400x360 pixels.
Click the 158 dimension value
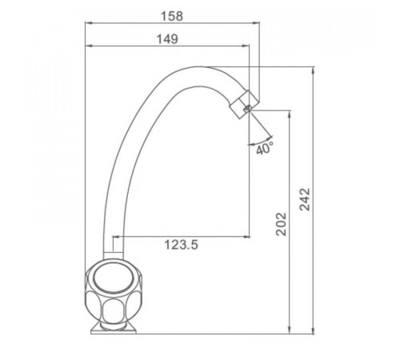click(x=172, y=16)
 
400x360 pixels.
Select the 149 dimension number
click(x=167, y=39)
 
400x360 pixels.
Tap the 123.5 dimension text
click(x=181, y=245)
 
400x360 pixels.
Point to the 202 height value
click(x=281, y=224)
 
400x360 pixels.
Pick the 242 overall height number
click(x=305, y=199)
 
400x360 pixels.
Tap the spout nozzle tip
click(x=244, y=105)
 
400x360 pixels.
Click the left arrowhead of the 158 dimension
click(x=88, y=23)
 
